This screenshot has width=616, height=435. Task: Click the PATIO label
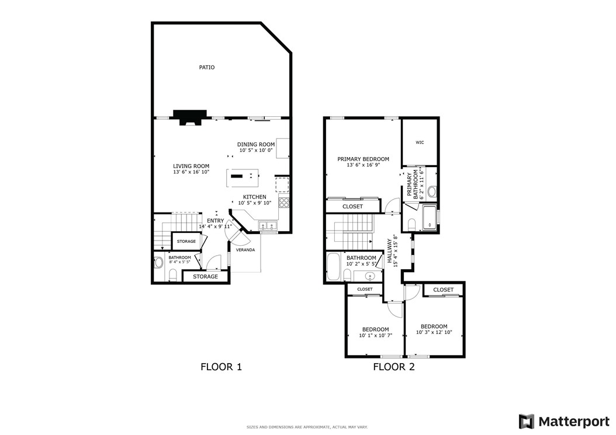point(206,67)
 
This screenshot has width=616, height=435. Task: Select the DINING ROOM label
point(255,144)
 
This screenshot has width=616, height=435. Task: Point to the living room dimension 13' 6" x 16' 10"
point(191,172)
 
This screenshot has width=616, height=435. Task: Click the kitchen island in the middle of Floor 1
point(241,176)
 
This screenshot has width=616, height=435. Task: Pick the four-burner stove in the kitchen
point(284,202)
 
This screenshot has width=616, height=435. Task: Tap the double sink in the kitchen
point(269,225)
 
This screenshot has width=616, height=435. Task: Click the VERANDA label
point(245,250)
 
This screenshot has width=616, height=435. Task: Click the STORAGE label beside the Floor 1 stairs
point(186,241)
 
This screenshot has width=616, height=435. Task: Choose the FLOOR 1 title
point(221,367)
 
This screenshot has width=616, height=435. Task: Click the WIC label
point(420,142)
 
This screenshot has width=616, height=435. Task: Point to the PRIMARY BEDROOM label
point(363,159)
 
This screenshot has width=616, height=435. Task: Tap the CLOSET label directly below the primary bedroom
point(352,207)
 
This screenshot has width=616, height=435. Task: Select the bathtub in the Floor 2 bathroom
point(334,267)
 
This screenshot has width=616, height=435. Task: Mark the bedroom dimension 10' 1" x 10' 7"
point(375,336)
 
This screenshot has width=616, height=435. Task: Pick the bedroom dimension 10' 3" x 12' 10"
point(434,333)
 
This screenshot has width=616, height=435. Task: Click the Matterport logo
point(564,421)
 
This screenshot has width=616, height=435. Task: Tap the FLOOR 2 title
point(394,367)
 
